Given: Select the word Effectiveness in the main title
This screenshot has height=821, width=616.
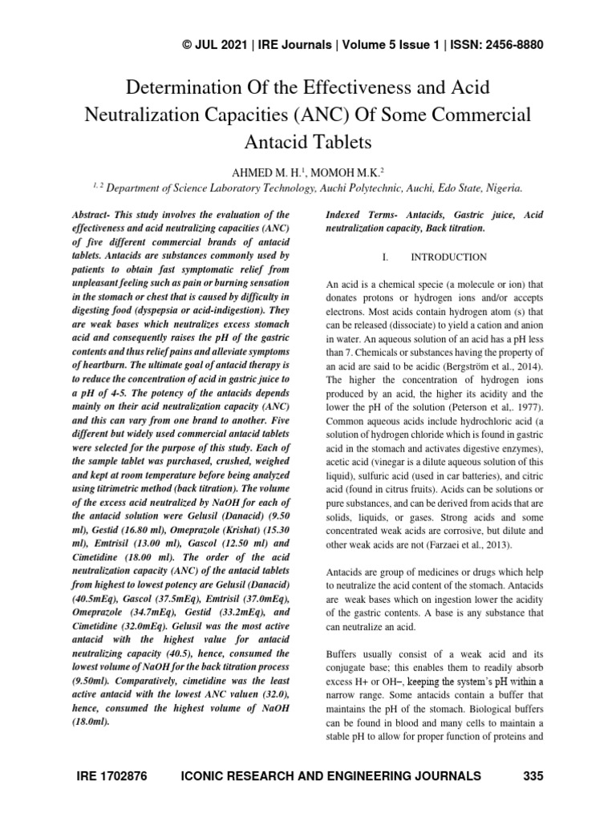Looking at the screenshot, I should pyautogui.click(x=364, y=86).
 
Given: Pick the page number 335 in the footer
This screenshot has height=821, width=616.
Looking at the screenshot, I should pyautogui.click(x=533, y=775).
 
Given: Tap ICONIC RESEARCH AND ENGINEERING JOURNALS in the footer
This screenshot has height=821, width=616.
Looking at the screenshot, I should pyautogui.click(x=332, y=775).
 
